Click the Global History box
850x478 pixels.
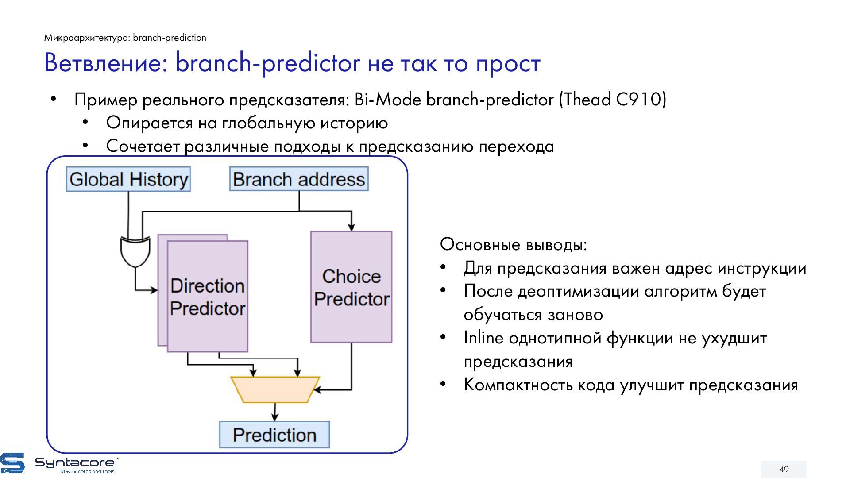[x=128, y=179]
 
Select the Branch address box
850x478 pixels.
[x=299, y=179]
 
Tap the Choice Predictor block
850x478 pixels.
[x=351, y=287]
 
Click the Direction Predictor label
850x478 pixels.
[x=208, y=297]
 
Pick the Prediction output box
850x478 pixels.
[x=274, y=435]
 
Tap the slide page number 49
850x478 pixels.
[x=784, y=469]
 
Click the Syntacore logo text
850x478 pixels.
[x=75, y=463]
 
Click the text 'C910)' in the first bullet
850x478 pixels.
[x=641, y=100]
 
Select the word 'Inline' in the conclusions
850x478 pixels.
[x=483, y=338]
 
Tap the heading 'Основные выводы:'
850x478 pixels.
[x=514, y=244]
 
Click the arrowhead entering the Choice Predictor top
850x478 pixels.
[x=351, y=227]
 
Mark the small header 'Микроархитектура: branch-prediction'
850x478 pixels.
[x=125, y=38]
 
